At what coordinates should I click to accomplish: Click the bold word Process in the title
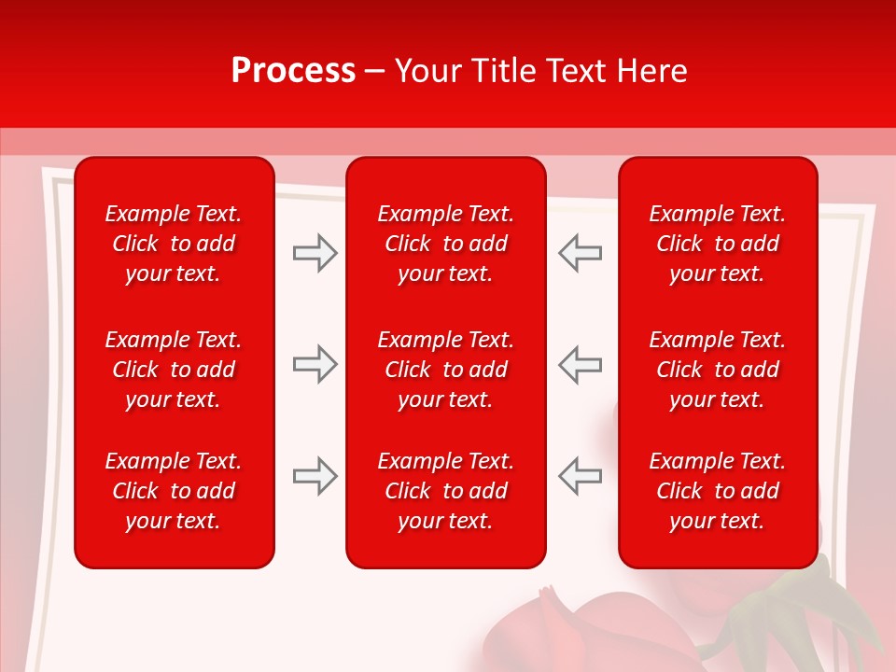(293, 71)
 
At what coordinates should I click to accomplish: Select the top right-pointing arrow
(315, 253)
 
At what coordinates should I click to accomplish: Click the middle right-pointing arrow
(315, 364)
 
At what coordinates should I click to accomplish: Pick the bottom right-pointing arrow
(315, 476)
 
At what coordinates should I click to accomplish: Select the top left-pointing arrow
(580, 253)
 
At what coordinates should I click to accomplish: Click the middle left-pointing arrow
(580, 364)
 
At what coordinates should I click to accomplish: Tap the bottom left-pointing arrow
(580, 476)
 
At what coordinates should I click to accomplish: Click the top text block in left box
(174, 244)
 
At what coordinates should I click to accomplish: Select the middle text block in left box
(174, 370)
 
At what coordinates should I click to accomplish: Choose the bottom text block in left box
(174, 491)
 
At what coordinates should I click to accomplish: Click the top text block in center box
(445, 244)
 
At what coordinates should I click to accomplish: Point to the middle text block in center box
(445, 370)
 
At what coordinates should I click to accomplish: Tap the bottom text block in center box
(445, 491)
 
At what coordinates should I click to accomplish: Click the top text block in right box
(717, 244)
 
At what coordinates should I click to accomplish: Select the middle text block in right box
(717, 370)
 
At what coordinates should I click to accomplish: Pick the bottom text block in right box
(717, 491)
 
